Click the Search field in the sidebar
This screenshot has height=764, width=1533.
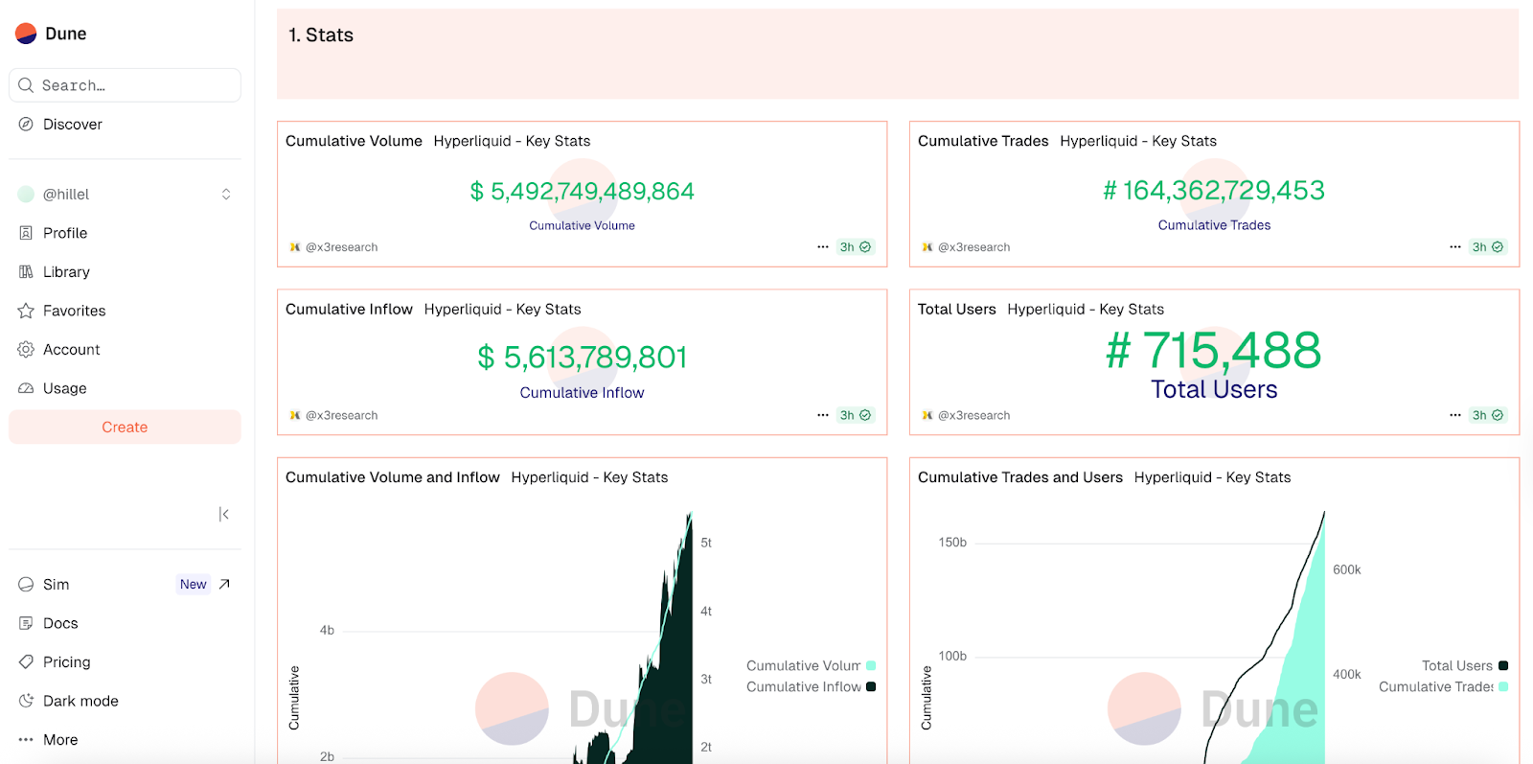(x=125, y=85)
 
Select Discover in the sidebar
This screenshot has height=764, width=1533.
(x=72, y=125)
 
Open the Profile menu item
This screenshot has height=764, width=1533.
(x=64, y=233)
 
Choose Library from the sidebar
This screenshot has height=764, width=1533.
(x=65, y=272)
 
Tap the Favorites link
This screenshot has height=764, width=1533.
(x=74, y=311)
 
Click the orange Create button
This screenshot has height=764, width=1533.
(x=125, y=428)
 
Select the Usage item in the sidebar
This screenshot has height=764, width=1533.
(x=64, y=388)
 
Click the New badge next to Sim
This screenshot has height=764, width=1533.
(x=193, y=585)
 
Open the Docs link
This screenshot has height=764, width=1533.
(x=59, y=623)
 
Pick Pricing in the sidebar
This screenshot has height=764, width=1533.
(x=66, y=662)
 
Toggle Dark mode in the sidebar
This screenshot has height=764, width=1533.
(x=80, y=701)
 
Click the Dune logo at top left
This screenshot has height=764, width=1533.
(x=52, y=34)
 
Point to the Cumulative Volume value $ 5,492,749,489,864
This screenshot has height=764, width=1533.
(x=583, y=192)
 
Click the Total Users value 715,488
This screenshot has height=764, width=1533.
(x=1214, y=351)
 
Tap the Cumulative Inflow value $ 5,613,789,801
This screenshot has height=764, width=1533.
(x=583, y=358)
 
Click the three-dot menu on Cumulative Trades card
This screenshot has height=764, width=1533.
(x=1455, y=247)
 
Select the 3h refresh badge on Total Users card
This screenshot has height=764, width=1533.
(x=1487, y=415)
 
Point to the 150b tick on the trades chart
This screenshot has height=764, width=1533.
(x=952, y=543)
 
